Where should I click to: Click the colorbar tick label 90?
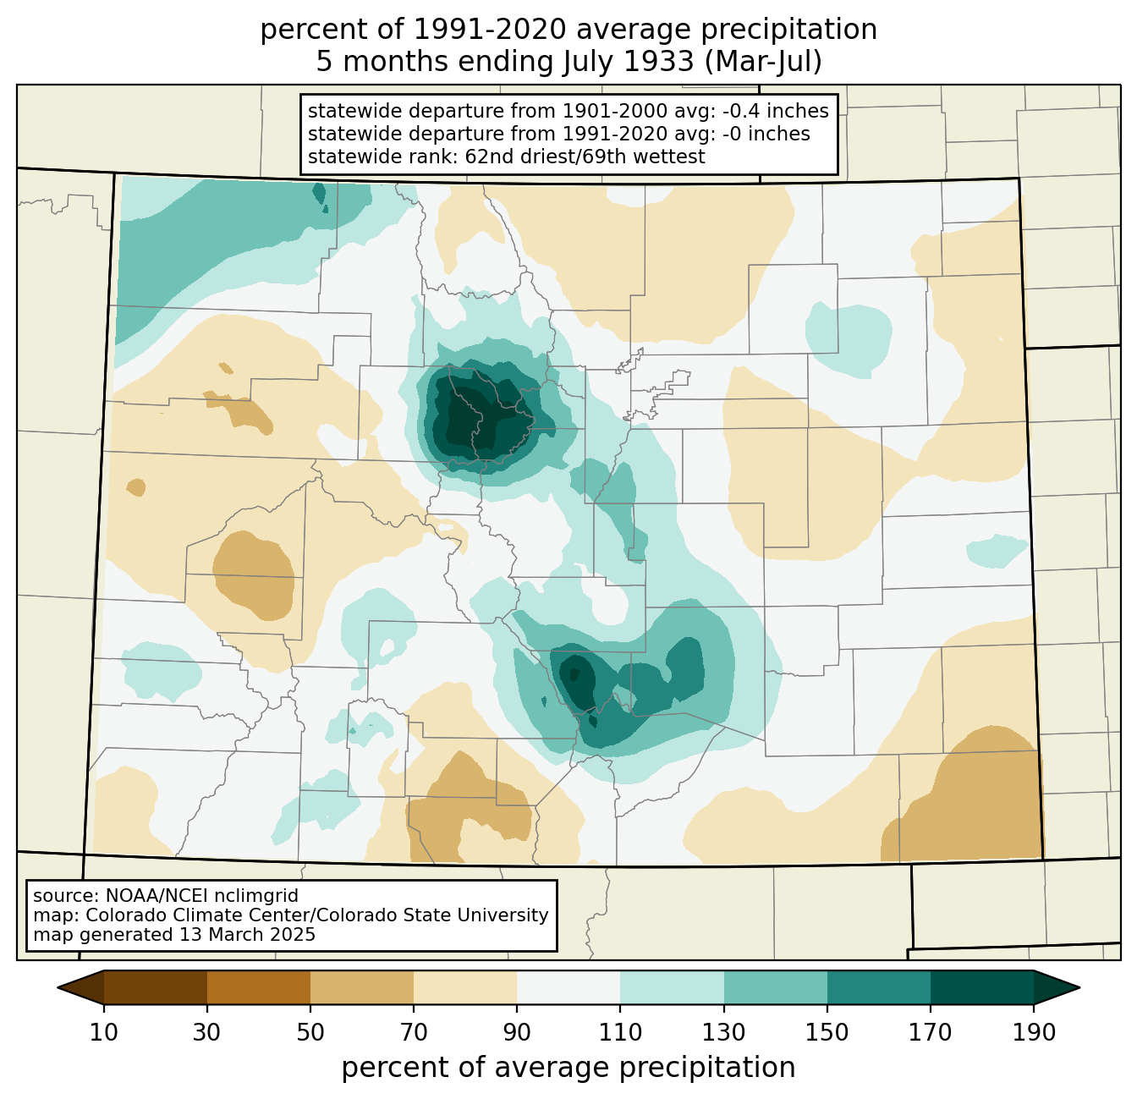517,1033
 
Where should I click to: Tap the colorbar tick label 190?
1034,1033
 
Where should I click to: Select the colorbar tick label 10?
104,1033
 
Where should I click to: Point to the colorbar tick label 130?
724,1033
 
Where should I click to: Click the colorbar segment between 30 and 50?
259,987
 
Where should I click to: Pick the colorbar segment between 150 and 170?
879,987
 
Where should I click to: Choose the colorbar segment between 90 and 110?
568,987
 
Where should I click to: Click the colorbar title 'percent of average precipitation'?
568,1068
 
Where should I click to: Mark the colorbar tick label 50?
310,1033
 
